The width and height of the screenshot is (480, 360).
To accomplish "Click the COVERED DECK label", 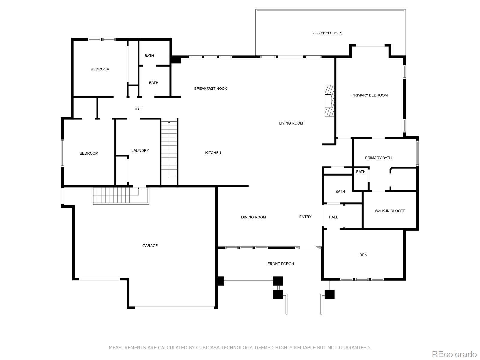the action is [x=327, y=33].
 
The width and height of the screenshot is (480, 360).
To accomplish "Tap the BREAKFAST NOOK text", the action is [x=211, y=88].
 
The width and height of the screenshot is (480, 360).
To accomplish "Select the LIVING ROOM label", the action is [x=291, y=123].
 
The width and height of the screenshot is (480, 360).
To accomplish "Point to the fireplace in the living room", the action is [x=329, y=100].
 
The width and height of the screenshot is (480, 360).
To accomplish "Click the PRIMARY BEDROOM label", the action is [x=370, y=95].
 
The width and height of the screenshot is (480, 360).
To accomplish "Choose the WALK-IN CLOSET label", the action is [x=390, y=211].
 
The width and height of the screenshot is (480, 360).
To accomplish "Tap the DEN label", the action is [x=363, y=255].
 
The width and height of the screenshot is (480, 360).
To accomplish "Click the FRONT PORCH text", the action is [x=280, y=264].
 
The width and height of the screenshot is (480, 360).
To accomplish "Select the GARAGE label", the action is [x=150, y=246].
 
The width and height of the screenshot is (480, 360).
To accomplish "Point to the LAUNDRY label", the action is [x=140, y=150].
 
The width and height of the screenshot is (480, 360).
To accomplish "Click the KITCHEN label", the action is [x=213, y=153].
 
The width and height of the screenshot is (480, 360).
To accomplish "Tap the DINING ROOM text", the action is [x=253, y=217].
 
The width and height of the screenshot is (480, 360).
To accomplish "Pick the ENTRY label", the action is [x=305, y=217].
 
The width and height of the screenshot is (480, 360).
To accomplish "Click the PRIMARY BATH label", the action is [x=378, y=157].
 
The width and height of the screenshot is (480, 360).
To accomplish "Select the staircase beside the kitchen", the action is [x=169, y=149].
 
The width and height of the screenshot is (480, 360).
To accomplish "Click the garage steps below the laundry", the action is [x=121, y=196].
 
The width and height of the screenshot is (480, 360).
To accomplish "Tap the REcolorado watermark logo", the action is [x=454, y=354].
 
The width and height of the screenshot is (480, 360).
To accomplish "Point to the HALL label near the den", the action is [x=333, y=217].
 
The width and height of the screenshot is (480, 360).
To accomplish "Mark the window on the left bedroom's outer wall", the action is [x=62, y=153].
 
